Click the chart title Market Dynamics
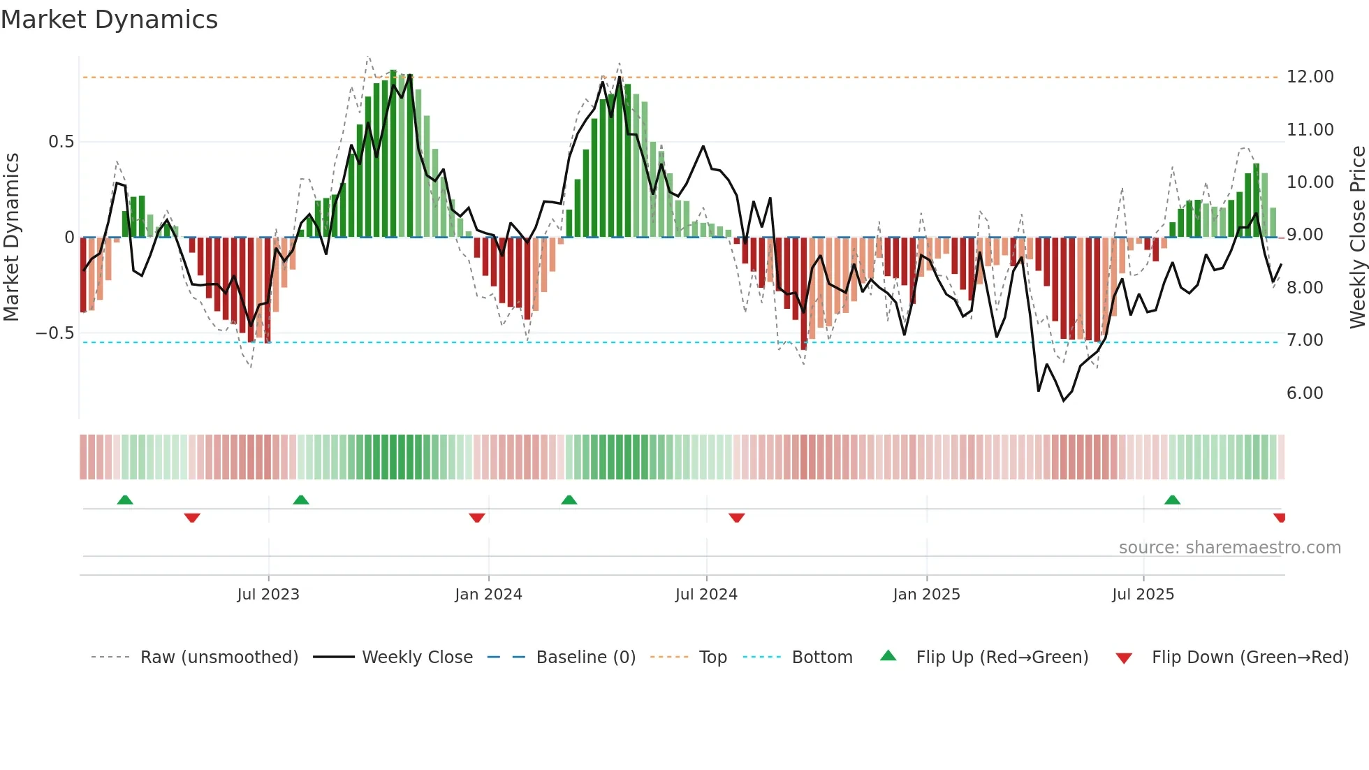click(109, 20)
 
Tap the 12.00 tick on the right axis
click(1310, 77)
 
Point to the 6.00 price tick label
click(1305, 393)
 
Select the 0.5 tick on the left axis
click(61, 142)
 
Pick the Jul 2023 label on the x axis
click(268, 595)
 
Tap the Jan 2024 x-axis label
click(488, 595)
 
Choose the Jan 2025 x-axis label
click(926, 595)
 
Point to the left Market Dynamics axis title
click(11, 238)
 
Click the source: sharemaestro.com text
click(1229, 548)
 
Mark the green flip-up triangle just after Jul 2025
click(1172, 500)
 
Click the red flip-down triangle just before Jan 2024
click(477, 517)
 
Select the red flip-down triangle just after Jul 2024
click(737, 517)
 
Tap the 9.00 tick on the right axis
click(1305, 235)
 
